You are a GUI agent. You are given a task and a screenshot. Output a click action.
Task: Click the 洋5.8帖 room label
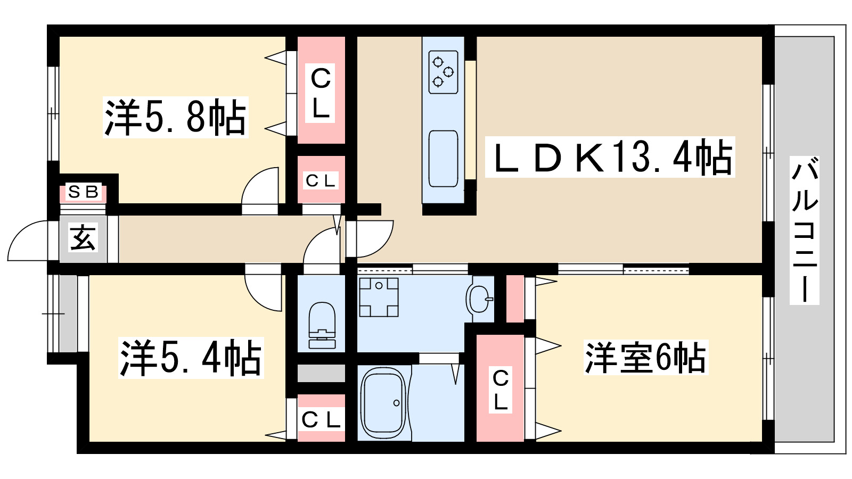[175, 118]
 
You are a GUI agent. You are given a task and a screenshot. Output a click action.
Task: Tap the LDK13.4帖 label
[610, 158]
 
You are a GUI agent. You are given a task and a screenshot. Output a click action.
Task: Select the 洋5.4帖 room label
[191, 358]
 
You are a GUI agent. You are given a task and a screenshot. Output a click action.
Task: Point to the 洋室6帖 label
[645, 358]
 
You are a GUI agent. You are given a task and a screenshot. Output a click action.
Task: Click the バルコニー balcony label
[804, 230]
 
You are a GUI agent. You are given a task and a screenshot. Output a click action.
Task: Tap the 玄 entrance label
[83, 237]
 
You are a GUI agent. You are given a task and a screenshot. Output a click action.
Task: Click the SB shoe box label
[84, 192]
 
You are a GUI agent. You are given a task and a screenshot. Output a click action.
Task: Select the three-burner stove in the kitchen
[443, 72]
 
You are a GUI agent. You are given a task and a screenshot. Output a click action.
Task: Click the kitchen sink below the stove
[443, 159]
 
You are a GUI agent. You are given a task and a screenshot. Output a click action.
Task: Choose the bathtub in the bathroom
[383, 403]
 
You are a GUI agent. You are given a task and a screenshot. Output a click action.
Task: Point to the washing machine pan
[379, 297]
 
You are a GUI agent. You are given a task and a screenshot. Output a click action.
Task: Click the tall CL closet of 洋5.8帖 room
[321, 90]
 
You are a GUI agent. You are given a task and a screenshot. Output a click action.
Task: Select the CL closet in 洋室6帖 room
[500, 389]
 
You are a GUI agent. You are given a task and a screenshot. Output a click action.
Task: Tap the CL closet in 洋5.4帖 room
[321, 419]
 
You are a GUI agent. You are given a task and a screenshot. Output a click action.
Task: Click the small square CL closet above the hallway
[321, 180]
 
